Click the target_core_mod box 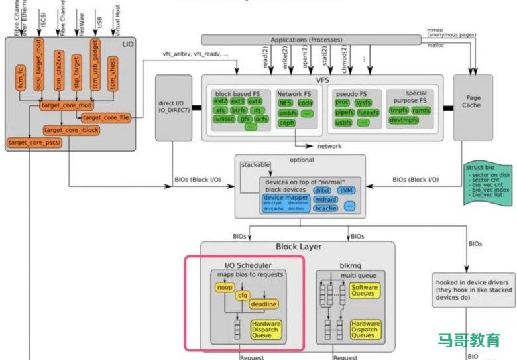[67, 105]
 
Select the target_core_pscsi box [34, 143]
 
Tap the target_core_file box [105, 118]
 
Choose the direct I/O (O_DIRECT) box [174, 107]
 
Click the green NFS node [285, 103]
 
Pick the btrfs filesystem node [239, 110]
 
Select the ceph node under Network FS [286, 123]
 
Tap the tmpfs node [399, 110]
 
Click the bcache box [325, 208]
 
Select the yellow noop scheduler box [225, 288]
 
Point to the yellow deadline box [264, 304]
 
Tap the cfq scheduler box [243, 295]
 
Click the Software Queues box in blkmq [365, 291]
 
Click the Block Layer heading [298, 247]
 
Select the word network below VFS [329, 146]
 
